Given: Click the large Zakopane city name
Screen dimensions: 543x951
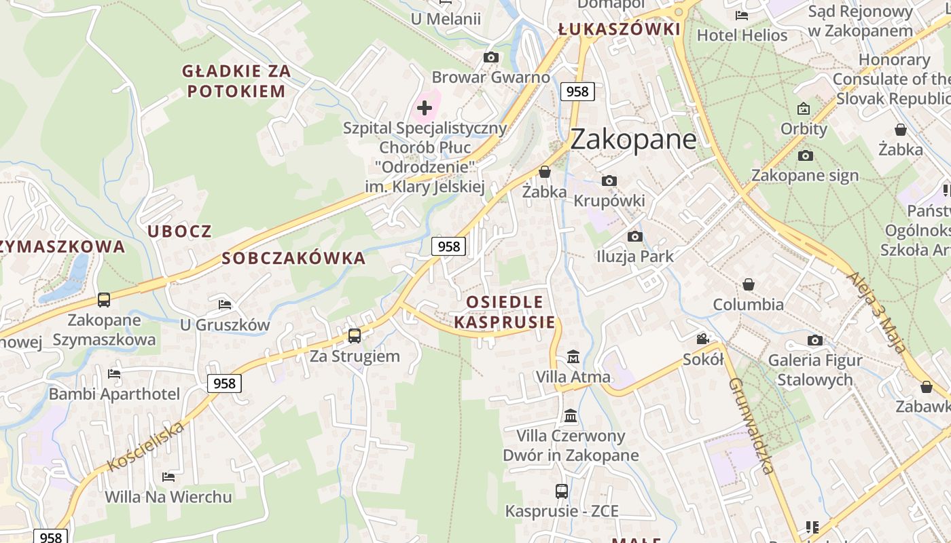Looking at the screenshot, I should (x=633, y=139).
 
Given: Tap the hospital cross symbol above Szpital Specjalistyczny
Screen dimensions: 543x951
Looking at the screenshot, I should (x=425, y=107).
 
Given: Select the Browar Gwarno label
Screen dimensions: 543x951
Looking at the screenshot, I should (x=490, y=77).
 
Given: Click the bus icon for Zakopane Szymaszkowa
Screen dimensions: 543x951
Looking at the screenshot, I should (x=104, y=299).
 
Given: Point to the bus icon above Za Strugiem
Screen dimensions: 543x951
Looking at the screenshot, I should (x=354, y=335).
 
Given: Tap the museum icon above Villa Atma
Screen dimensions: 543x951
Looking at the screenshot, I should (x=573, y=356).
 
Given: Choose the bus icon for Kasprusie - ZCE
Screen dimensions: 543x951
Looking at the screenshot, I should (x=561, y=491).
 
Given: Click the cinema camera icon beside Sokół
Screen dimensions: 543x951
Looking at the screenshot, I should (x=702, y=339).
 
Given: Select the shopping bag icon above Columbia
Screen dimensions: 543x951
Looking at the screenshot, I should (x=748, y=284).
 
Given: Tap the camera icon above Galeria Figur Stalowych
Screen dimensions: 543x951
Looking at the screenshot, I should (x=814, y=340).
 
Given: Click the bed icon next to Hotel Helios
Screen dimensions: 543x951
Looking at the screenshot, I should (x=742, y=15).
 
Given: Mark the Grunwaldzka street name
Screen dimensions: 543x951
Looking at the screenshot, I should (x=751, y=426).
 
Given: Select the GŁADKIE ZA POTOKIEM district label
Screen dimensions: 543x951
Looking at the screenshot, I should (x=236, y=81).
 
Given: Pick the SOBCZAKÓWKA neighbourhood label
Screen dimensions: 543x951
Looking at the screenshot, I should (x=293, y=259).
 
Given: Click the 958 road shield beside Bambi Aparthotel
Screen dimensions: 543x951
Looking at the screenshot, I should (x=224, y=383).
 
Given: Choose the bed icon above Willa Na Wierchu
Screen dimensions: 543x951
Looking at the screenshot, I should (x=168, y=477).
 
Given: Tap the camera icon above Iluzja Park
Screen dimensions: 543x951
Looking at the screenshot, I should (x=634, y=236).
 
